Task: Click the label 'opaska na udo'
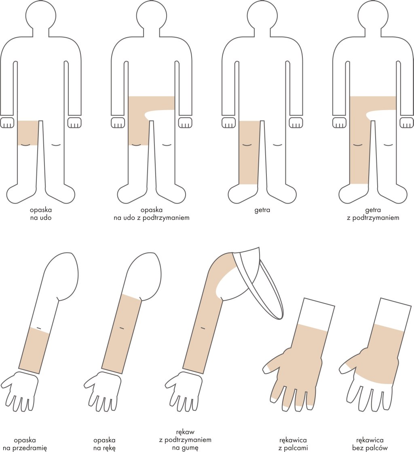pos(40,214)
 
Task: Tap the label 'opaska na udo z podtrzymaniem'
pos(151,214)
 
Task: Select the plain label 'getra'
pos(262,210)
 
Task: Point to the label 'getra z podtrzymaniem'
pos(373,214)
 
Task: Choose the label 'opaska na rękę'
pos(105,444)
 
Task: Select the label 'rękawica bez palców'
pos(370,444)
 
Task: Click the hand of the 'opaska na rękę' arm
pos(102,388)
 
